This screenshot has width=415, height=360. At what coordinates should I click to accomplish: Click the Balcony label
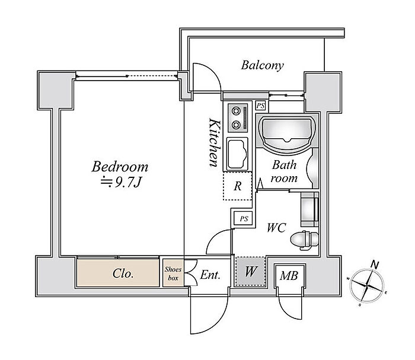click(262, 65)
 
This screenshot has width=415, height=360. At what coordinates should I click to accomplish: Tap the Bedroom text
click(120, 167)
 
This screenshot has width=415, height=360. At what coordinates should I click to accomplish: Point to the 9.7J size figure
click(127, 183)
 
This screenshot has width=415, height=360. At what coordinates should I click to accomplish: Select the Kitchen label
click(214, 142)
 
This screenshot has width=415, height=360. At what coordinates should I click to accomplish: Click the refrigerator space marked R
click(237, 186)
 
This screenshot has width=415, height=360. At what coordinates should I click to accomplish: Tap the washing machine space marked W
click(250, 271)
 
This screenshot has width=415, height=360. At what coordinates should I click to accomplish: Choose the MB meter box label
click(289, 276)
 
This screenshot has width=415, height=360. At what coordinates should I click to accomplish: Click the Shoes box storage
click(173, 273)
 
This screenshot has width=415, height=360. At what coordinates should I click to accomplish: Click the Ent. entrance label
click(210, 275)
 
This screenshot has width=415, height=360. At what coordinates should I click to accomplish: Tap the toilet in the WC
click(304, 240)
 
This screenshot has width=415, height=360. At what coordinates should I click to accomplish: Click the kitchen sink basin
click(237, 154)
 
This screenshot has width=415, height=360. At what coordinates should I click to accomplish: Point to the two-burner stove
click(238, 117)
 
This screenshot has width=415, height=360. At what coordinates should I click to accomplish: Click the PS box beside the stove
click(261, 106)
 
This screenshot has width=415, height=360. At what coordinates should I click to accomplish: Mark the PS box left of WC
click(244, 219)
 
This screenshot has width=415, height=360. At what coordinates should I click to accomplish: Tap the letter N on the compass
click(375, 264)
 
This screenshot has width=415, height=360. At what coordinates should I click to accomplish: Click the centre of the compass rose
click(367, 285)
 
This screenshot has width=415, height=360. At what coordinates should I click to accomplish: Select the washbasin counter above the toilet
click(309, 209)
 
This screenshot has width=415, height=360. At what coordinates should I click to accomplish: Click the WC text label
click(276, 228)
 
